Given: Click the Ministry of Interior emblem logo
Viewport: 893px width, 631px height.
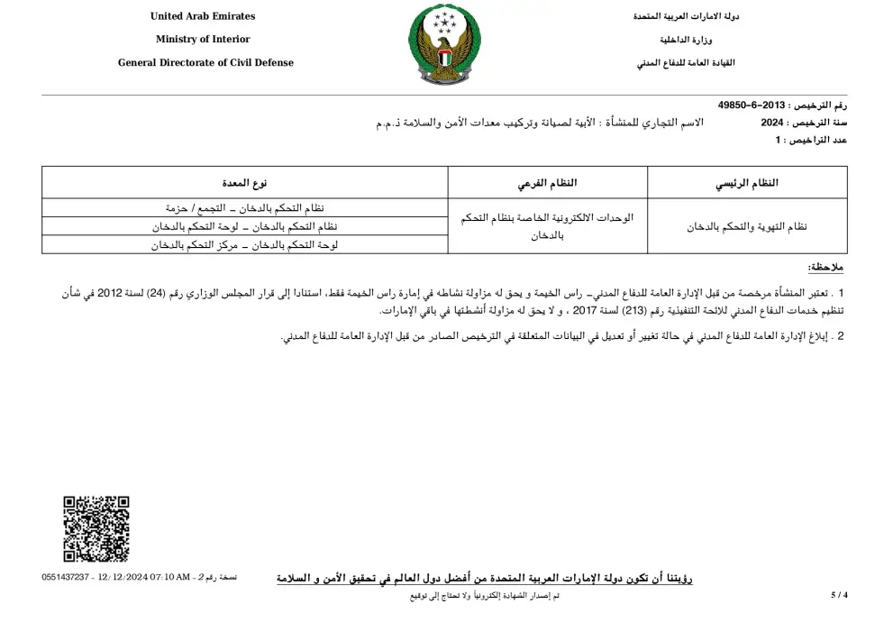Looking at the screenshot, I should [445, 44].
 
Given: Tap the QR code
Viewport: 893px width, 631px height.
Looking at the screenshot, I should [96, 529].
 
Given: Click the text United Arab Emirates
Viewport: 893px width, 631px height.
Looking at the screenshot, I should [203, 16].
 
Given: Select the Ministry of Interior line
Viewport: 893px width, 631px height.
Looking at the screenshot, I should [203, 40].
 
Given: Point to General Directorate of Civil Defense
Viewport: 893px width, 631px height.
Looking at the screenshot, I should [205, 63].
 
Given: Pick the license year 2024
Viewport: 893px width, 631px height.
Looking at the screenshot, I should [773, 123].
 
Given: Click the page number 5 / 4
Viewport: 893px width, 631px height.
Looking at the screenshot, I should [839, 595].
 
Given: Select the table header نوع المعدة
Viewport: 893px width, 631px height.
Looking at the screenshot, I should [245, 184].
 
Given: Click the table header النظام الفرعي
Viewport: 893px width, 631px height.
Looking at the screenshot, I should [548, 184].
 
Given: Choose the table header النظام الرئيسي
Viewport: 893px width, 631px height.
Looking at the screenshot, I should [747, 184].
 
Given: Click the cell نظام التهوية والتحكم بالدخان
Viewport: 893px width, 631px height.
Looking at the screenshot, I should [747, 226].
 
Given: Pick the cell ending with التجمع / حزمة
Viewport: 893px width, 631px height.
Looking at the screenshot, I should [245, 208].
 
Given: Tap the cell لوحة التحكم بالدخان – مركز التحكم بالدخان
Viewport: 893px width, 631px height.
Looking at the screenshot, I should [245, 244].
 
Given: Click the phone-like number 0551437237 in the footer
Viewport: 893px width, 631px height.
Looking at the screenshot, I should [65, 577].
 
